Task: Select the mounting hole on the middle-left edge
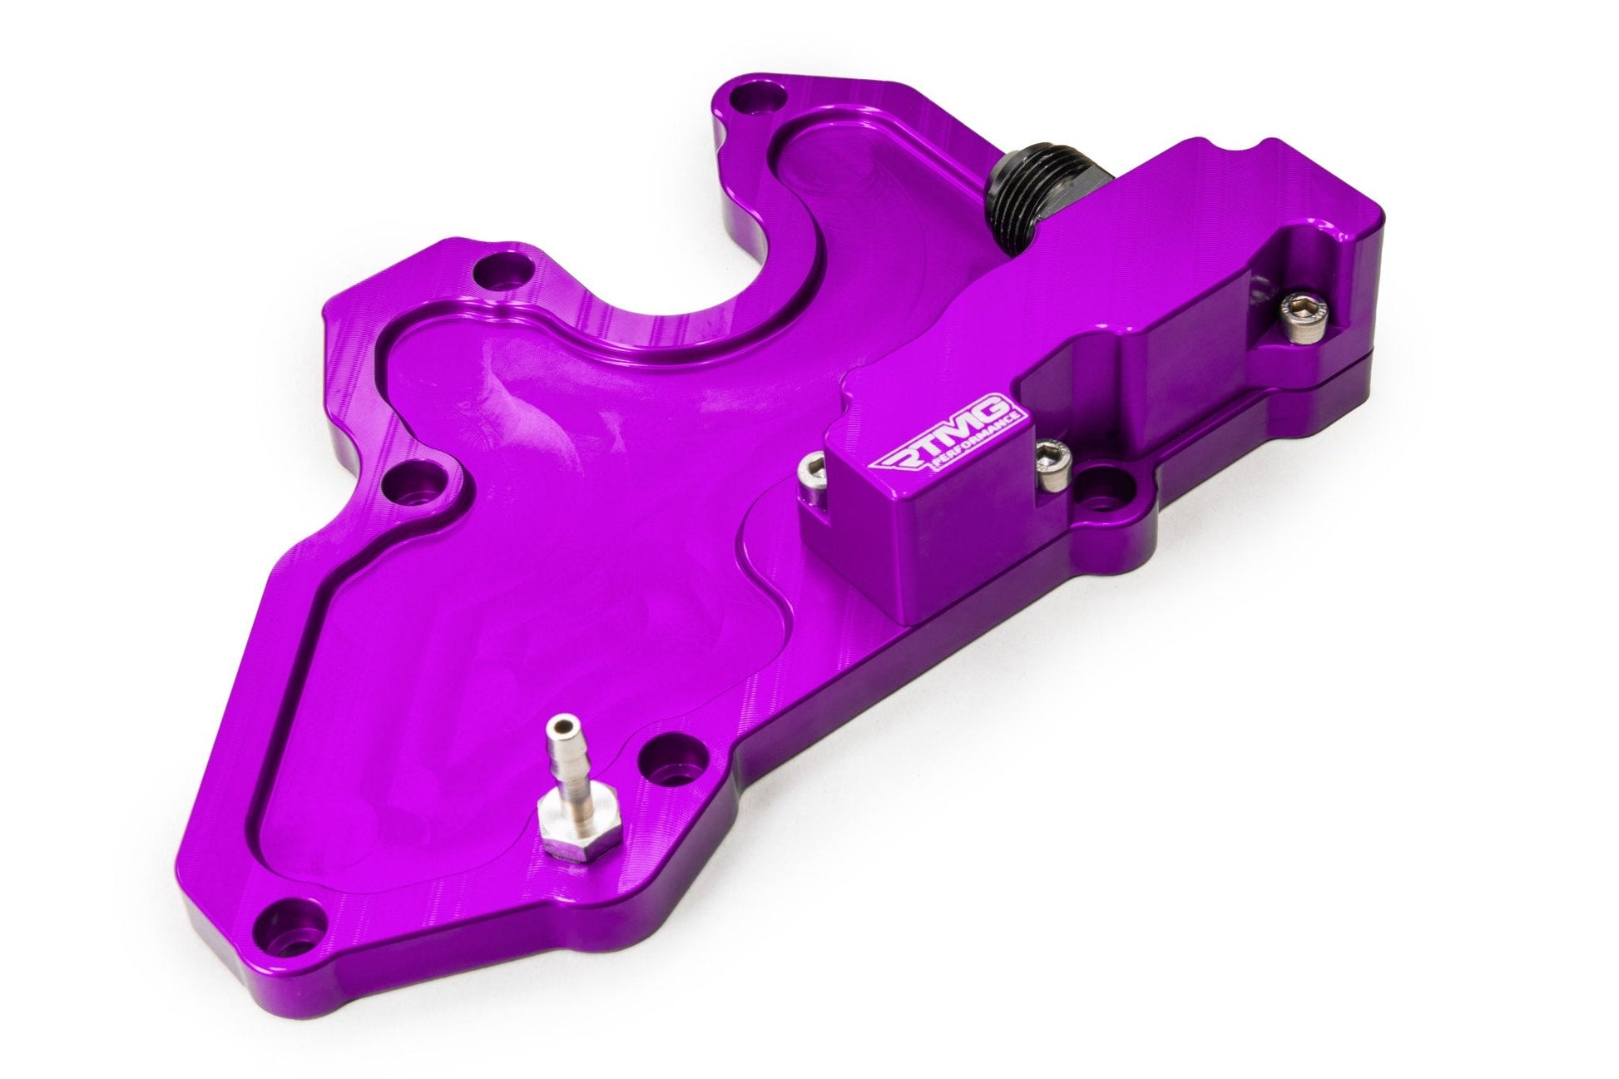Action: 417,483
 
